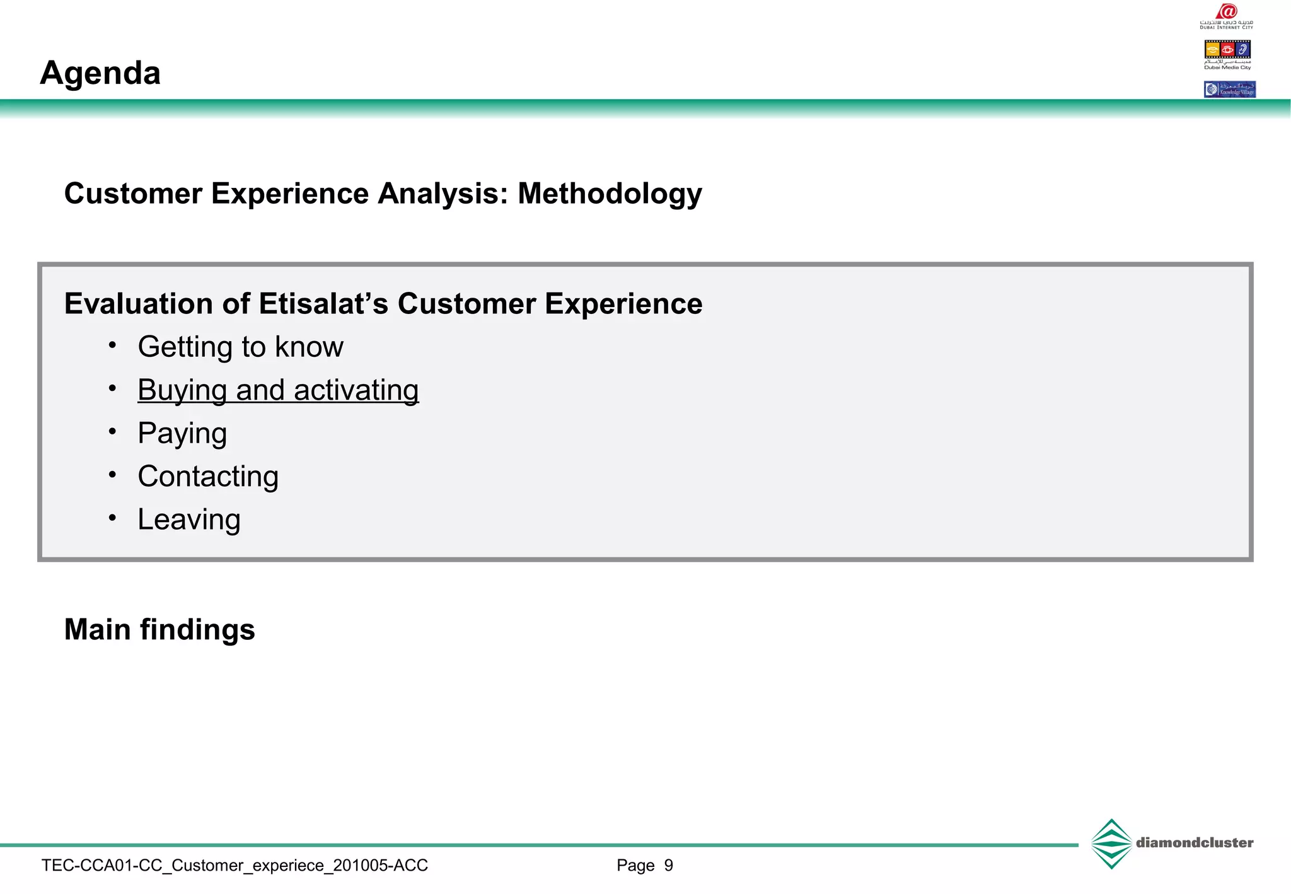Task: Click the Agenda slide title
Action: (x=100, y=73)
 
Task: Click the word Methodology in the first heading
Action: (x=610, y=194)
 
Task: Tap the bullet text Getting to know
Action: (x=240, y=347)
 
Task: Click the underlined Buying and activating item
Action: (x=278, y=390)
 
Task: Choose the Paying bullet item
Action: (x=182, y=434)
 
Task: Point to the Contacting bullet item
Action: (x=208, y=477)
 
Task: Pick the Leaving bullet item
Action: (x=189, y=520)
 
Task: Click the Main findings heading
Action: (x=159, y=630)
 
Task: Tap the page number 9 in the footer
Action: (x=669, y=866)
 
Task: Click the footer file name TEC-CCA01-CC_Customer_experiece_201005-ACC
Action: (x=234, y=866)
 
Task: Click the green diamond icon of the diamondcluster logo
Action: (x=1111, y=844)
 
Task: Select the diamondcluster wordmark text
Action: (x=1195, y=843)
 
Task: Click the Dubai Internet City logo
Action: (x=1227, y=16)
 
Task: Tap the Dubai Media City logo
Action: (x=1227, y=54)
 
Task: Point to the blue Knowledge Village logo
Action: (x=1229, y=90)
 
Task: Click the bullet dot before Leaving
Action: (x=112, y=518)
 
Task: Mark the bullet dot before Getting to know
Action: (x=112, y=345)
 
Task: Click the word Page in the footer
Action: (x=635, y=866)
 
